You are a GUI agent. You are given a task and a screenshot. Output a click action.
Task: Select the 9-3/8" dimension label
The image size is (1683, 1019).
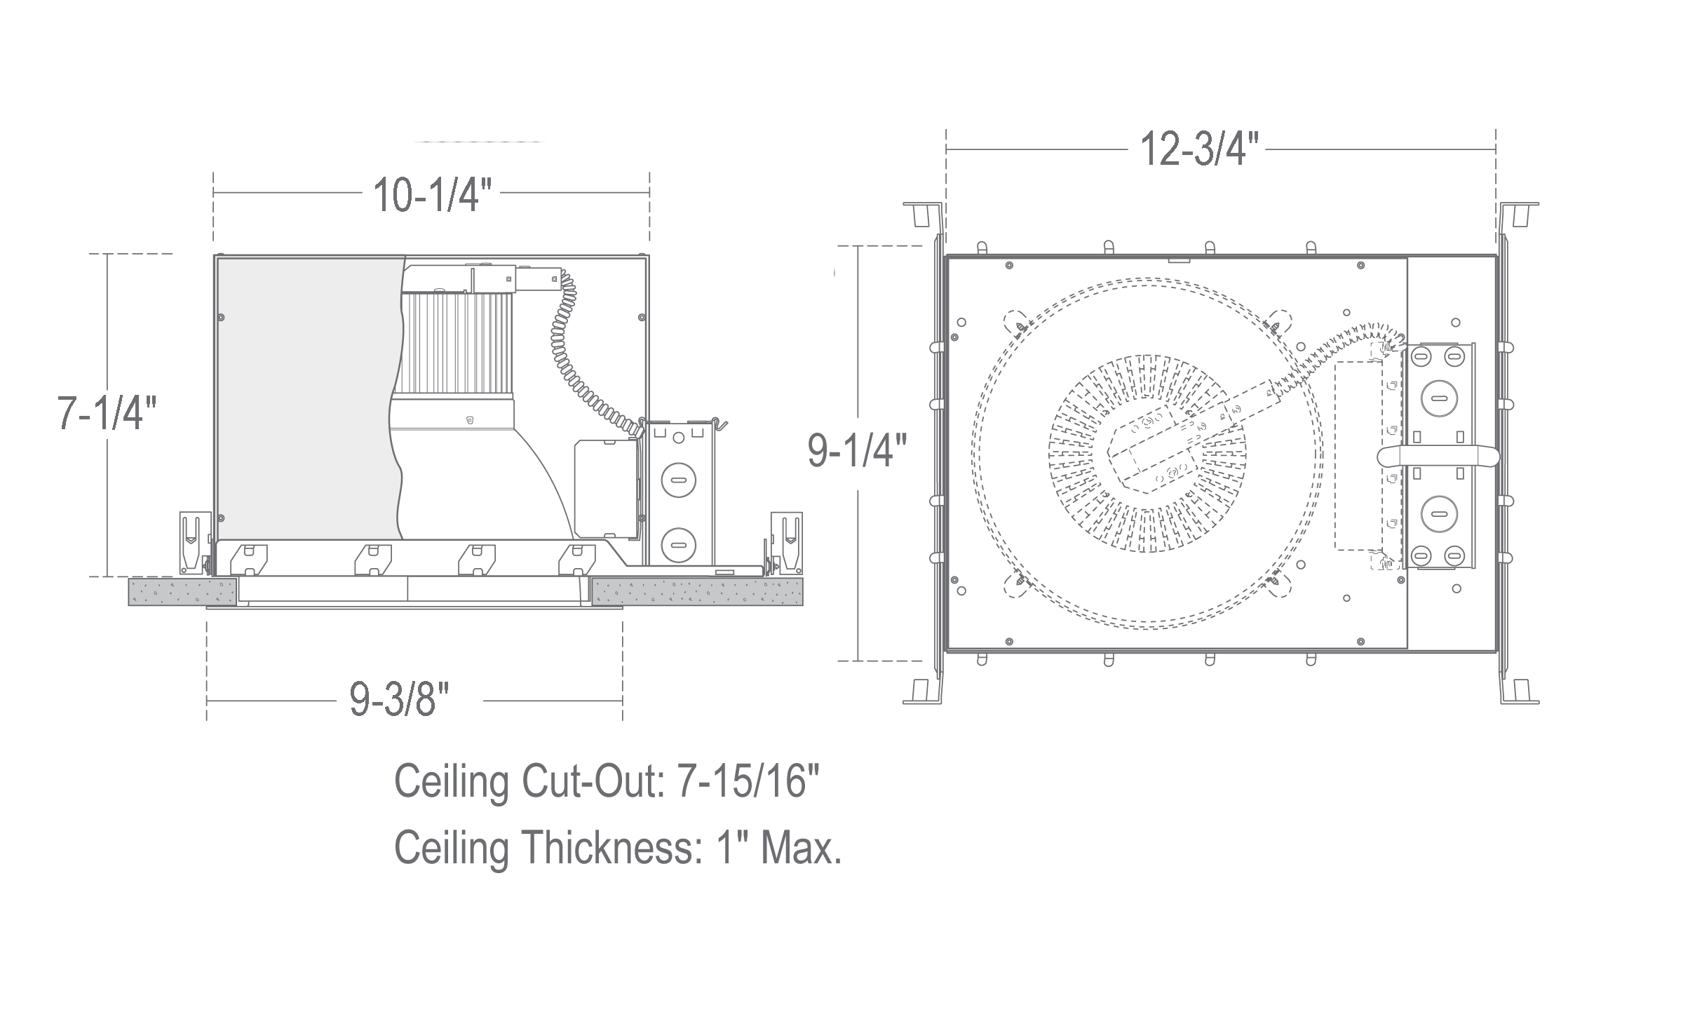(399, 700)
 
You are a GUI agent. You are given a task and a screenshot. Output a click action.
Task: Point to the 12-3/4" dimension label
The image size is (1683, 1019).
(1199, 149)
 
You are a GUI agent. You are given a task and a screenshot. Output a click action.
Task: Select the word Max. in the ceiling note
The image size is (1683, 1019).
(800, 849)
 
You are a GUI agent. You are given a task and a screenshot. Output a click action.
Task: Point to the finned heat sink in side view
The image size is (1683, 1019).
(456, 344)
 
